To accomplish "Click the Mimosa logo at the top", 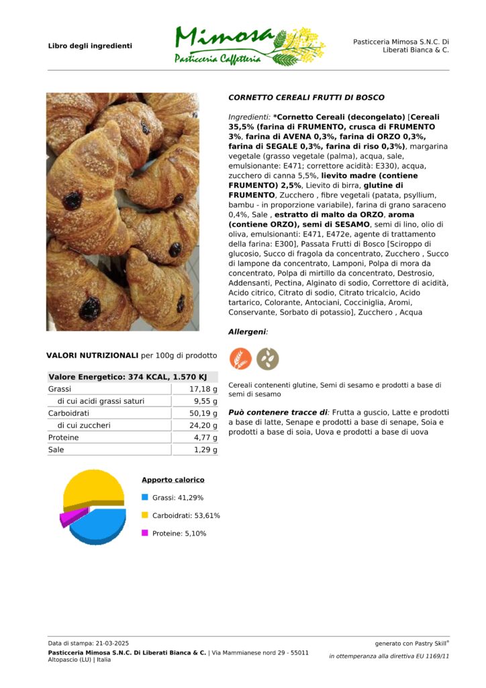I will pos(248,46).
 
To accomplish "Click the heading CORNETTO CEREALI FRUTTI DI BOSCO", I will pos(306,97).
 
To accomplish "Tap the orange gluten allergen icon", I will pos(241,359).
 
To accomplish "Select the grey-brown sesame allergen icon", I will pos(267,359).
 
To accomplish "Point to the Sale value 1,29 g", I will pos(205,449).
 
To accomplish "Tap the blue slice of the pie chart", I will pos(101,527).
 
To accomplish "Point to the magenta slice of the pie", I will pos(72,517).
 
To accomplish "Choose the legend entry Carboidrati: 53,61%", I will pos(186,515).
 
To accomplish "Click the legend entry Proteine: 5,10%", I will pos(179,533).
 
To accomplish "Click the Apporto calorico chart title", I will pos(173,480).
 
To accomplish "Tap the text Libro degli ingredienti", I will pos(90,46).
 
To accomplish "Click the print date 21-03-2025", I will pos(109,643).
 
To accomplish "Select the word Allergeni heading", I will pos(248,332).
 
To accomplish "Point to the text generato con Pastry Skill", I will pos(411,643).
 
